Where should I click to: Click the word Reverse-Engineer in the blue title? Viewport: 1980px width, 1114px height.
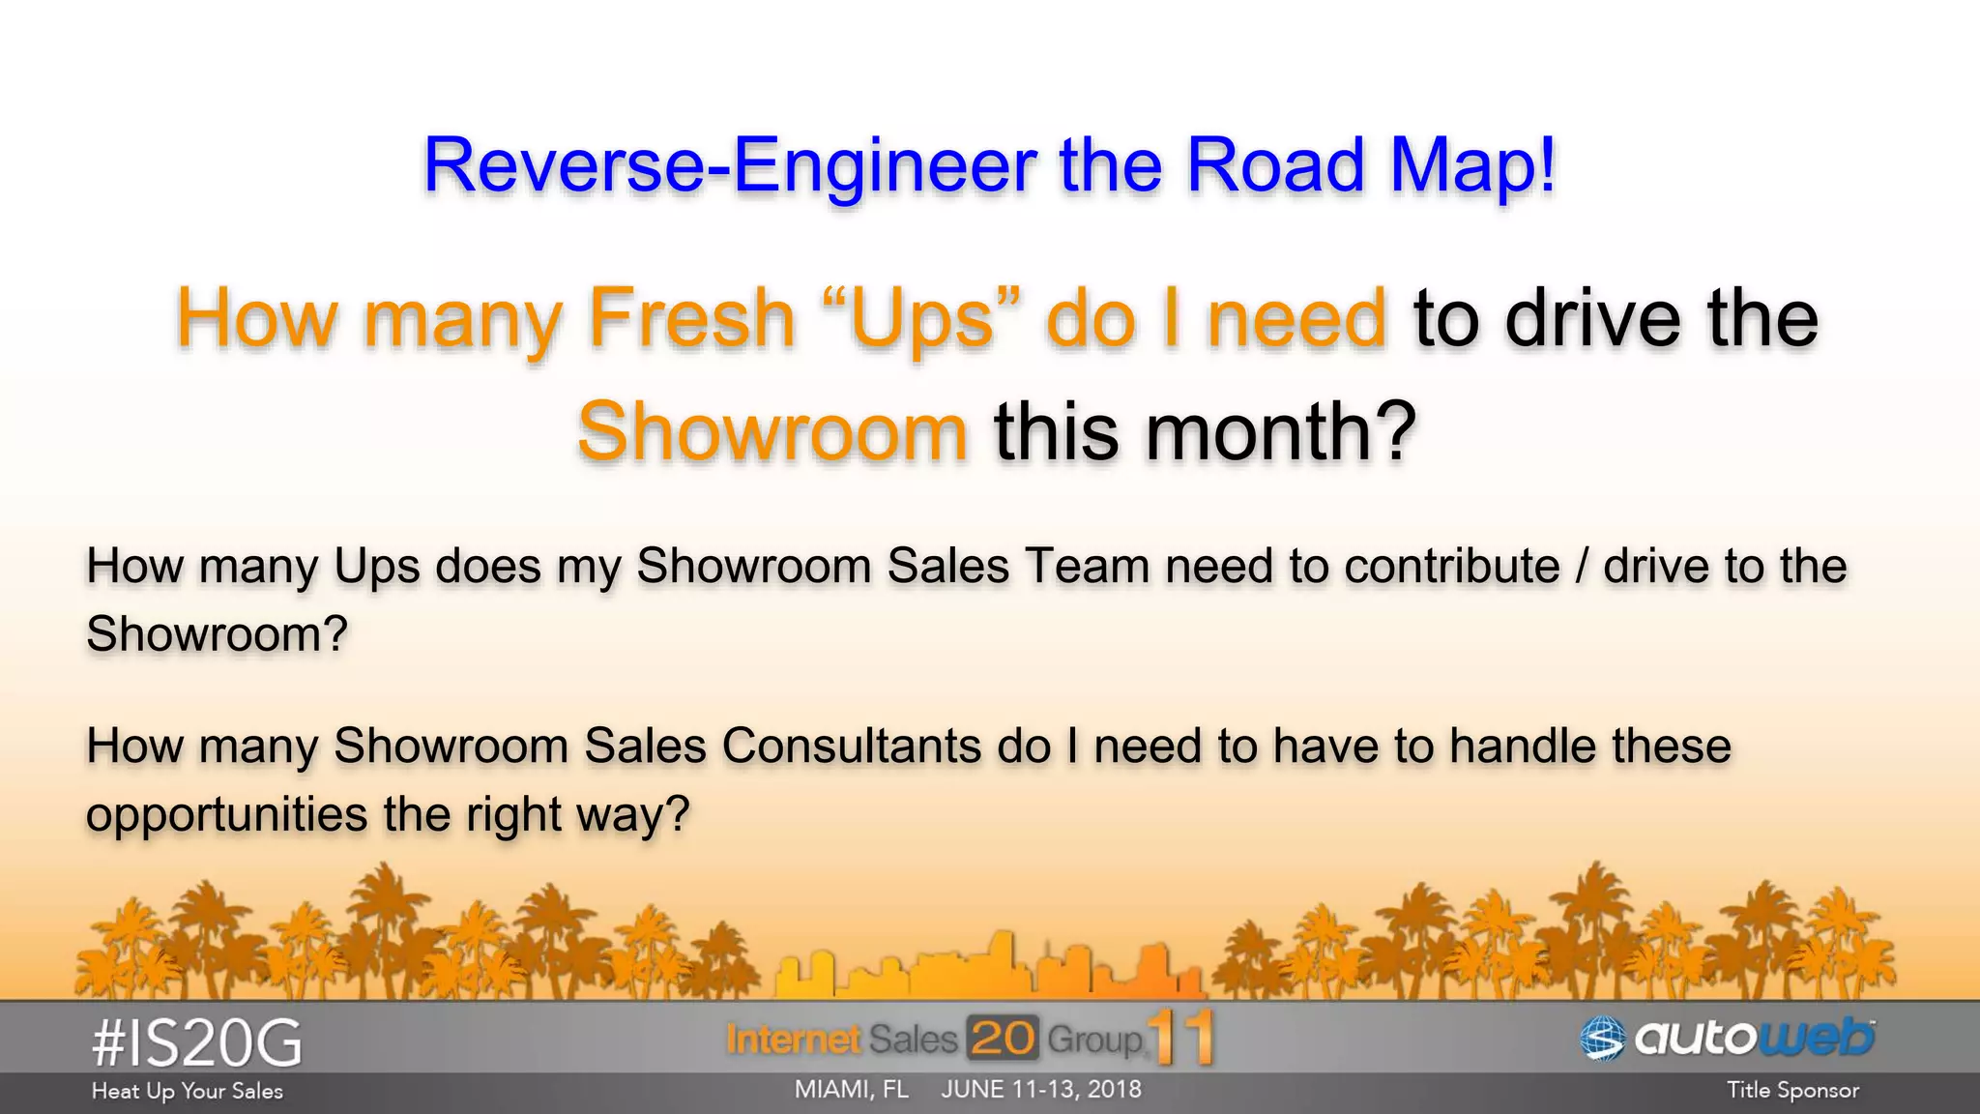730,165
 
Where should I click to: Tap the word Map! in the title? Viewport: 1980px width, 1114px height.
1472,165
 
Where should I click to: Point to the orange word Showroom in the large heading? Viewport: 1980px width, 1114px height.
772,431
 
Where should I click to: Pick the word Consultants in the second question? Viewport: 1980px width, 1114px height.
851,746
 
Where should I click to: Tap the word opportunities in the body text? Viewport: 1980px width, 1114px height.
226,814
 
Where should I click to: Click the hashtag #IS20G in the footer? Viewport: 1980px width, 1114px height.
196,1043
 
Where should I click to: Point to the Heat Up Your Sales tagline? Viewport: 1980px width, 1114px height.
187,1091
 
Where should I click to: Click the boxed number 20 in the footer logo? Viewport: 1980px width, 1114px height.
1002,1039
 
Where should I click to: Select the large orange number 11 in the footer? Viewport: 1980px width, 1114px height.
1181,1038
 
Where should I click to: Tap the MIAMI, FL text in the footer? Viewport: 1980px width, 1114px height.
851,1090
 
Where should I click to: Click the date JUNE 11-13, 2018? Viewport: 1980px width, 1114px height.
1041,1090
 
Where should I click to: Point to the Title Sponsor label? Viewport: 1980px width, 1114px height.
1792,1091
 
